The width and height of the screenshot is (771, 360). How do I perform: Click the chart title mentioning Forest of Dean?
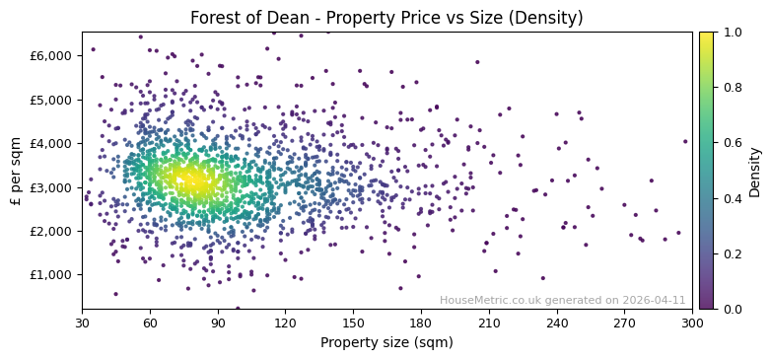point(386,18)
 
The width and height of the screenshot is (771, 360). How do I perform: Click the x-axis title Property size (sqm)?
point(386,343)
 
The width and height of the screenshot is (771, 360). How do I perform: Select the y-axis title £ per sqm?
point(16,171)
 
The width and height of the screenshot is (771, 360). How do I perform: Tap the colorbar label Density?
point(754,171)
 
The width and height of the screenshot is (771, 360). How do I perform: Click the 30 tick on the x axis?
point(82,323)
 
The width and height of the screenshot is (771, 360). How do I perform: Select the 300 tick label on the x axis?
point(692,323)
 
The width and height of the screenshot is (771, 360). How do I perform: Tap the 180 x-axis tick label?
point(421,323)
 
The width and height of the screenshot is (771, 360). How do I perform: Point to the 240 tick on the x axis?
point(557,323)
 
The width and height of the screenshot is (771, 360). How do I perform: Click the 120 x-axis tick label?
point(286,323)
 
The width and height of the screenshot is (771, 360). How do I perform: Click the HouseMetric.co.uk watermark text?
point(562,300)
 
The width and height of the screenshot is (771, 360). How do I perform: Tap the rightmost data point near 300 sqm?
point(685,141)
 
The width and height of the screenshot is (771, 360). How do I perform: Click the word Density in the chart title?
point(548,18)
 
